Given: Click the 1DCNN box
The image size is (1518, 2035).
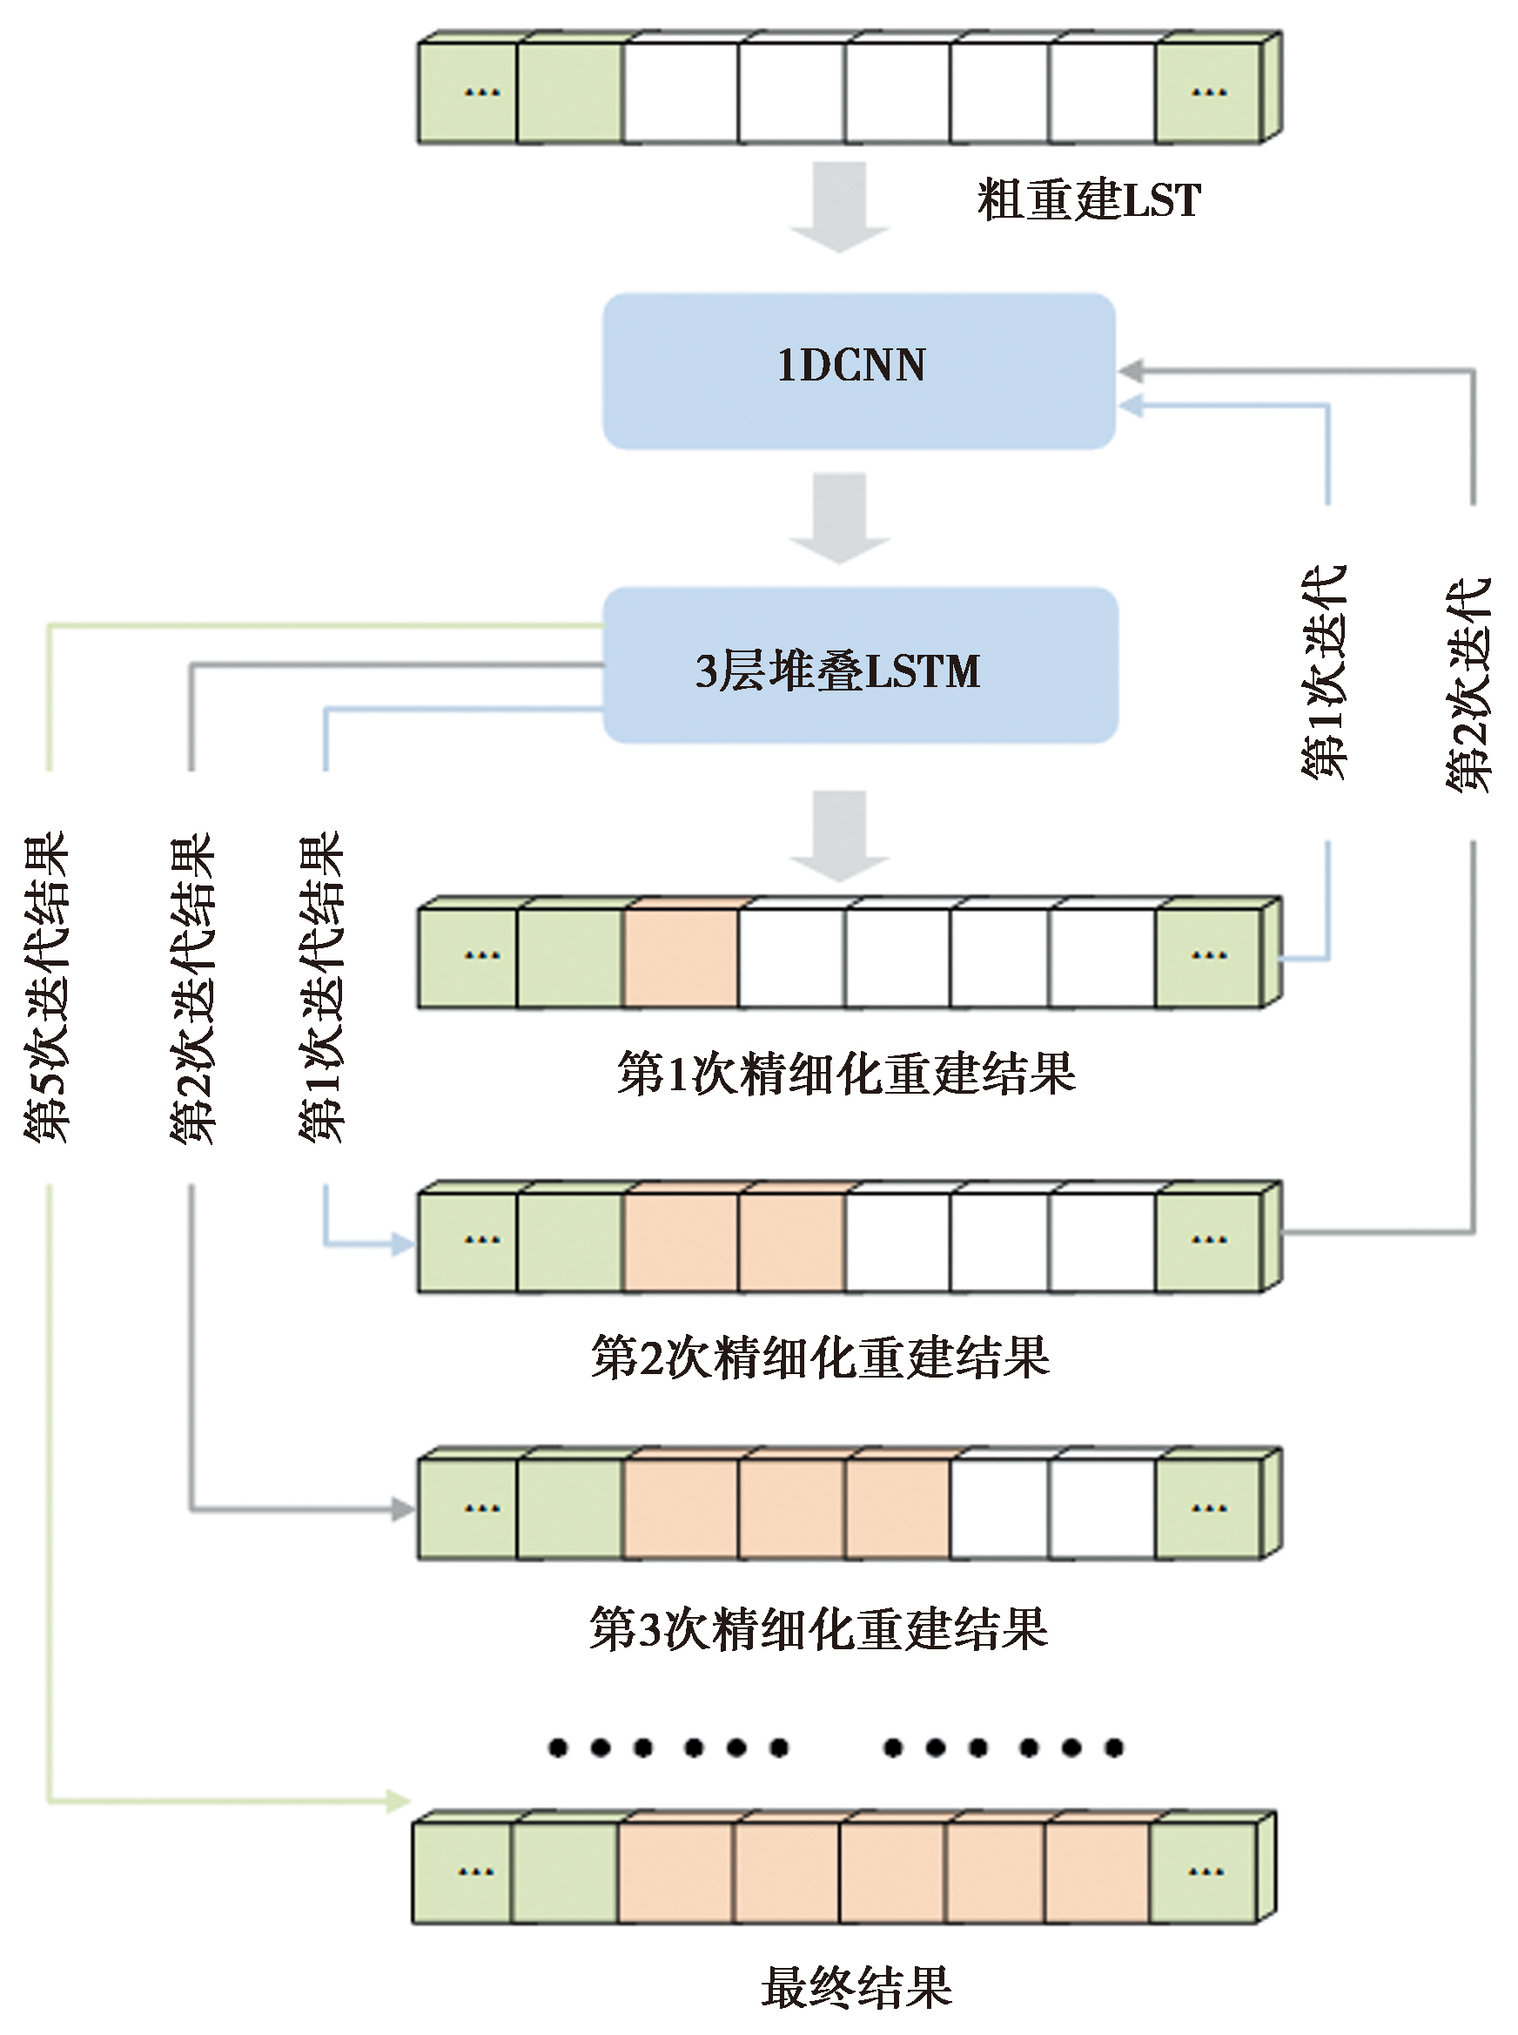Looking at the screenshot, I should [858, 370].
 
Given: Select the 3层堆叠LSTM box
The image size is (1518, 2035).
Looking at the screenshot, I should [860, 665].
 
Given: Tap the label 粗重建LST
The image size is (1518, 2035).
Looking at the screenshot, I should [1089, 200].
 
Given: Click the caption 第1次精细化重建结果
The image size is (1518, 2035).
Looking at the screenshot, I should [846, 1074].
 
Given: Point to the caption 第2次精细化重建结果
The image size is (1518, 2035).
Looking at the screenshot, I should [821, 1358].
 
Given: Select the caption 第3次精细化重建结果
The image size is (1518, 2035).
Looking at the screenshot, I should [819, 1628].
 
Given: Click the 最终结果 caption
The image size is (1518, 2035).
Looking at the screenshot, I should [856, 1987].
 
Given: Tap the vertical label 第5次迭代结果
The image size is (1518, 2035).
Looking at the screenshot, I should [46, 987].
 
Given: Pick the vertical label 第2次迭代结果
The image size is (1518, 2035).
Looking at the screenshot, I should [192, 989].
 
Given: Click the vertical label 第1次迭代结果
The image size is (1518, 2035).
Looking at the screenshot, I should [320, 987].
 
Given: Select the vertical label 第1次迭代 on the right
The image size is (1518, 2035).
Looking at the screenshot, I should [1324, 673].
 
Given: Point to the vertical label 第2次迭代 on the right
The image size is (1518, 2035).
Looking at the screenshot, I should [1468, 684].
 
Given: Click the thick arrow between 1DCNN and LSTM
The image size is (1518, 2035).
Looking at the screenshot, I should [840, 517].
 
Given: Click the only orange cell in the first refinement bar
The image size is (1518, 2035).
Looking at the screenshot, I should [681, 957].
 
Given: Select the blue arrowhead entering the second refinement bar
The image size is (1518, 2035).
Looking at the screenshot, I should [402, 1244].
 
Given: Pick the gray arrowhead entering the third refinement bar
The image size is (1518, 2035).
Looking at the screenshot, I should [402, 1508].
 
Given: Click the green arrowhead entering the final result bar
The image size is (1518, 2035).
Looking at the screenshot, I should [399, 1801].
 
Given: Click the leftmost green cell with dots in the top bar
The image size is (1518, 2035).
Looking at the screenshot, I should [468, 93].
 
